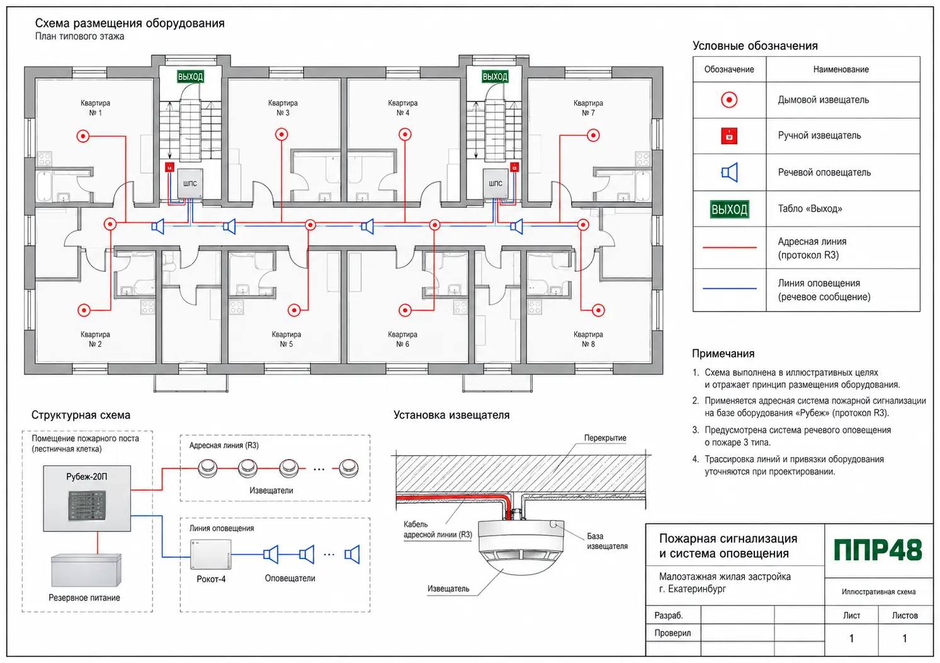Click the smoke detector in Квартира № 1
(x=83, y=136)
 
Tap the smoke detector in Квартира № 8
(x=598, y=310)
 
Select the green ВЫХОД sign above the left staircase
(x=190, y=76)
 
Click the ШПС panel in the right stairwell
(x=495, y=183)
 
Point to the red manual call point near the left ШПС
(x=169, y=167)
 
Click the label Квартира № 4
(x=402, y=108)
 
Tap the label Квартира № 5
(x=286, y=339)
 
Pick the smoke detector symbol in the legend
(x=729, y=100)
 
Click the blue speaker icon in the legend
(x=729, y=173)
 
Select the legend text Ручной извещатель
(x=819, y=135)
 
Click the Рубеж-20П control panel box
(x=87, y=498)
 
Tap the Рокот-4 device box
(x=211, y=554)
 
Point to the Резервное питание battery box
(x=86, y=570)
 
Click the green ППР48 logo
(x=878, y=550)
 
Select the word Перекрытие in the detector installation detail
(x=605, y=438)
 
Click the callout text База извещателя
(x=607, y=541)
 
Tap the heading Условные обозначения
(x=755, y=46)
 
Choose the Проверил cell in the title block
(x=672, y=633)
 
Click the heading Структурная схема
(x=81, y=415)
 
